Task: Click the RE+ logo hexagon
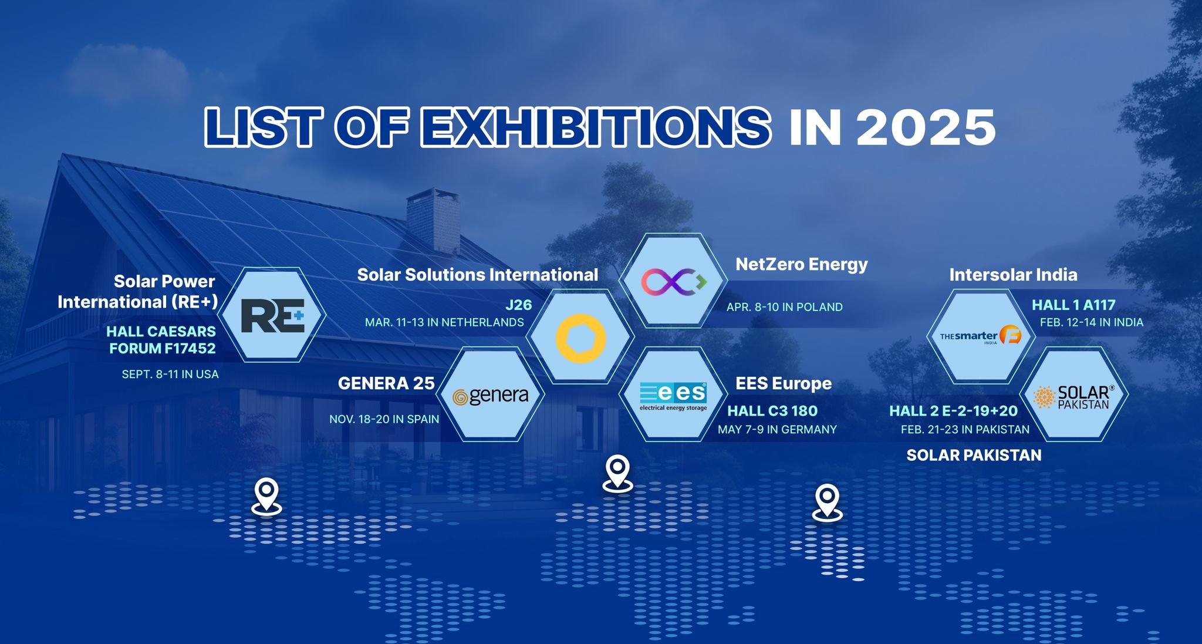272,315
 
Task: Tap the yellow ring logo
580,338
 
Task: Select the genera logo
491,396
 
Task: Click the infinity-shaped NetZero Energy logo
674,282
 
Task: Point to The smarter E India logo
981,336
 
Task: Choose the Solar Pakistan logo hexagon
1073,395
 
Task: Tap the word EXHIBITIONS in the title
596,127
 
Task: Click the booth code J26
518,305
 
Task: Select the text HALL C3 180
772,411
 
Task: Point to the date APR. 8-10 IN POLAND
784,307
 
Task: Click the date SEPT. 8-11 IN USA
170,375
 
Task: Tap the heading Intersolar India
1013,275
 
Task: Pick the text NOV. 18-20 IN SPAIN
384,419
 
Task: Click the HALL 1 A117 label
1073,305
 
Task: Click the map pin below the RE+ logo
266,497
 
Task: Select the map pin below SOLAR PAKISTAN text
827,503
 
